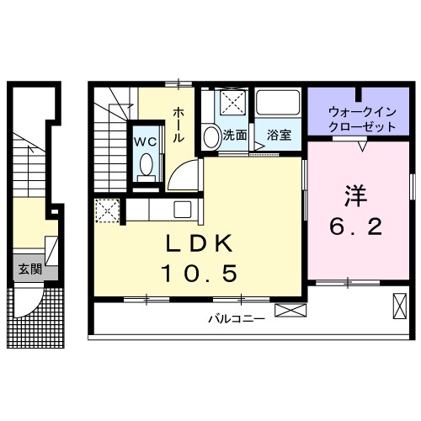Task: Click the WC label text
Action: [x=147, y=141]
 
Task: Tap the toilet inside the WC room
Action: [x=147, y=164]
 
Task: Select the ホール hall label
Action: [x=179, y=125]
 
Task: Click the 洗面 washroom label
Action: [x=235, y=135]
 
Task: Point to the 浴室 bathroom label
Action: [x=279, y=135]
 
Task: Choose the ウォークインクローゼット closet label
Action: [x=361, y=118]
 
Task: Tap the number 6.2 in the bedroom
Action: [x=354, y=226]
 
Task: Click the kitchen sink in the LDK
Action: [x=181, y=209]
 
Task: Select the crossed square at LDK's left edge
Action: [x=107, y=210]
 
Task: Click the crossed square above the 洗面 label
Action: [x=232, y=104]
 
